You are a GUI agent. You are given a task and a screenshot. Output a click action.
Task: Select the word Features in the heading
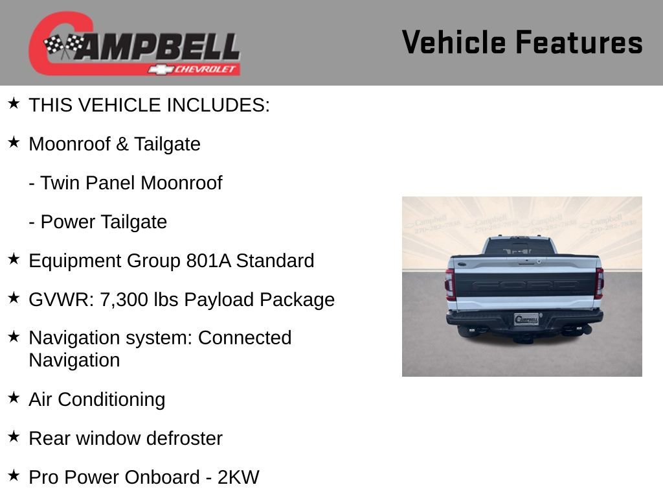pyautogui.click(x=579, y=43)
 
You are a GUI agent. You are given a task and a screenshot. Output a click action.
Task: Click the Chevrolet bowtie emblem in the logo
pyautogui.click(x=159, y=69)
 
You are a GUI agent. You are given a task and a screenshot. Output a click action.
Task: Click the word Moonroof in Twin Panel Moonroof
pyautogui.click(x=181, y=183)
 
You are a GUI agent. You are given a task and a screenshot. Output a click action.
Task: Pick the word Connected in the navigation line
pyautogui.click(x=245, y=338)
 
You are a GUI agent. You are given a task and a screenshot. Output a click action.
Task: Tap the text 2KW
pyautogui.click(x=238, y=477)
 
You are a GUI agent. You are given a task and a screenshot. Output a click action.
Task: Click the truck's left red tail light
pyautogui.click(x=450, y=283)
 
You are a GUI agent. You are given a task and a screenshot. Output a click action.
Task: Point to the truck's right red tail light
pyautogui.click(x=599, y=283)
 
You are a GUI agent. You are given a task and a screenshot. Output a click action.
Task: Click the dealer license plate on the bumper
pyautogui.click(x=526, y=319)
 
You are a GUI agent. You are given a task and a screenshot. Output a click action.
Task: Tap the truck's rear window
pyautogui.click(x=520, y=247)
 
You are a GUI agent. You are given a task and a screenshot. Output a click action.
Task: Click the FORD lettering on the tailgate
pyautogui.click(x=524, y=285)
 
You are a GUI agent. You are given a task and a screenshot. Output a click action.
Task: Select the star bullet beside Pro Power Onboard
pyautogui.click(x=14, y=475)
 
